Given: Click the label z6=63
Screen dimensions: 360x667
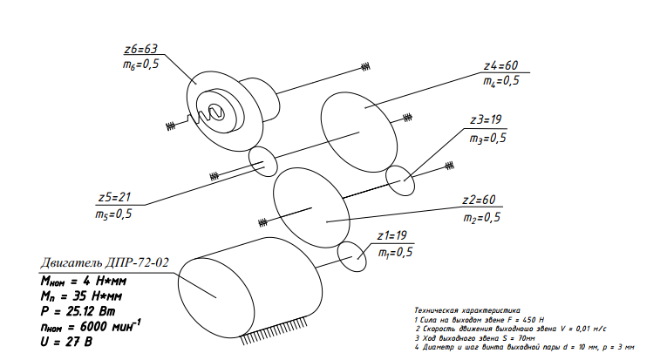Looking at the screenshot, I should (x=141, y=48).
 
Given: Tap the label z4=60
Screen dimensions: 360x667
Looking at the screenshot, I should (x=501, y=65).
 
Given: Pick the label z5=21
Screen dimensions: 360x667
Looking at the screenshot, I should (x=113, y=196).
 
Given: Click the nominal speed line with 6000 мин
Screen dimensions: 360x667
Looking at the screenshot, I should (x=87, y=324).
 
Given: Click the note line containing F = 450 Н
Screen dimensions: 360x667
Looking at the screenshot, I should (x=480, y=320).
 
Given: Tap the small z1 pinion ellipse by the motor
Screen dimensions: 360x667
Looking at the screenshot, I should (x=353, y=254).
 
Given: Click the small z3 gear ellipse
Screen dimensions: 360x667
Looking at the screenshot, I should (x=402, y=181).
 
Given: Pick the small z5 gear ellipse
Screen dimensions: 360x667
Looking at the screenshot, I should (x=262, y=160).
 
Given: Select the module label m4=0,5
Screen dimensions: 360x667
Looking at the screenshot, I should (x=501, y=81).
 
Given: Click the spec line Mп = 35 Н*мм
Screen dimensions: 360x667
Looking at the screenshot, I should (x=79, y=295).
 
